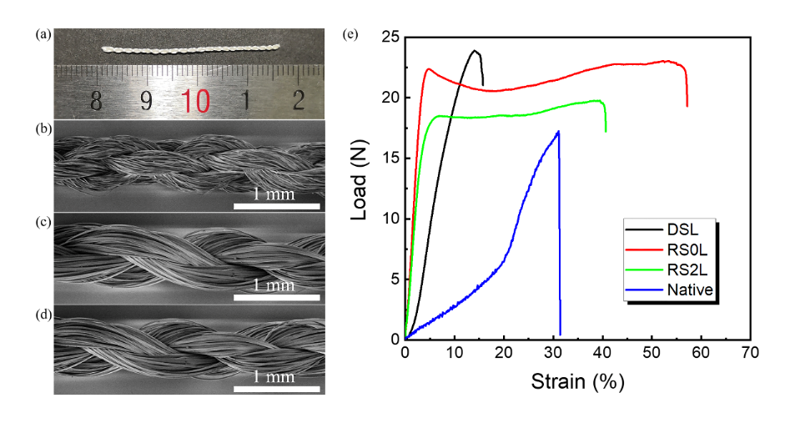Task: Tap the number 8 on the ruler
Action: click(x=97, y=100)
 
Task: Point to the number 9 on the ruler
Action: click(x=145, y=100)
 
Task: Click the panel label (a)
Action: click(x=43, y=35)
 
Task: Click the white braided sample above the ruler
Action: click(x=191, y=49)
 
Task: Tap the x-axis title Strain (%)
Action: click(x=576, y=382)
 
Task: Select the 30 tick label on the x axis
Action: click(x=552, y=354)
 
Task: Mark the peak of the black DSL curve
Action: click(x=475, y=51)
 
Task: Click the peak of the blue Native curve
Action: click(x=557, y=131)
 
